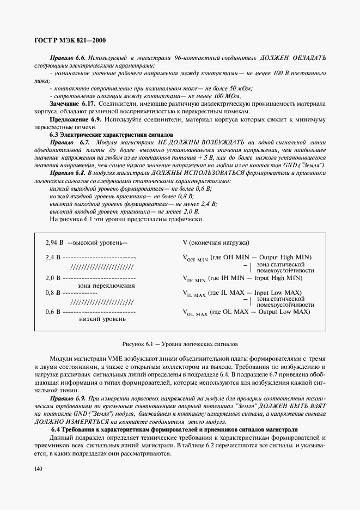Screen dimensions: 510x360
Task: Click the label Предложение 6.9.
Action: click(76, 119)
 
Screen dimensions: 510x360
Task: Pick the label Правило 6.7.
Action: click(69, 142)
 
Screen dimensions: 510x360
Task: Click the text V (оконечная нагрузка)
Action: click(216, 242)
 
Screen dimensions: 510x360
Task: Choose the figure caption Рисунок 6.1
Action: click(180, 344)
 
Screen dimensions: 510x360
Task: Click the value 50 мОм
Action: click(241, 88)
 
